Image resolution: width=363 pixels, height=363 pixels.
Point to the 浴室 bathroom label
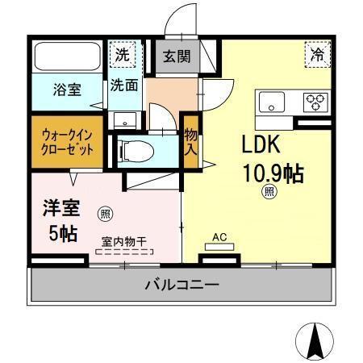coord(67,89)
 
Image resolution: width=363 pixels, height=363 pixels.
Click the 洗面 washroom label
coord(124,84)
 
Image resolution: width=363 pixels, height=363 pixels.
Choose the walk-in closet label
coord(68,142)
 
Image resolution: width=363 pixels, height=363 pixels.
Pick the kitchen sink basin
coord(269,102)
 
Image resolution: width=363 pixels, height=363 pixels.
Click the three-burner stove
coord(314,102)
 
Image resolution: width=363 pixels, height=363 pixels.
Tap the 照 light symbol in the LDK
coord(268,191)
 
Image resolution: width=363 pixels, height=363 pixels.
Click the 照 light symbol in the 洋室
coord(104,214)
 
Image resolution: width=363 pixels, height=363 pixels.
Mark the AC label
coord(219,237)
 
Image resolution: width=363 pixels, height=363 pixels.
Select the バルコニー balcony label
coord(182,285)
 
